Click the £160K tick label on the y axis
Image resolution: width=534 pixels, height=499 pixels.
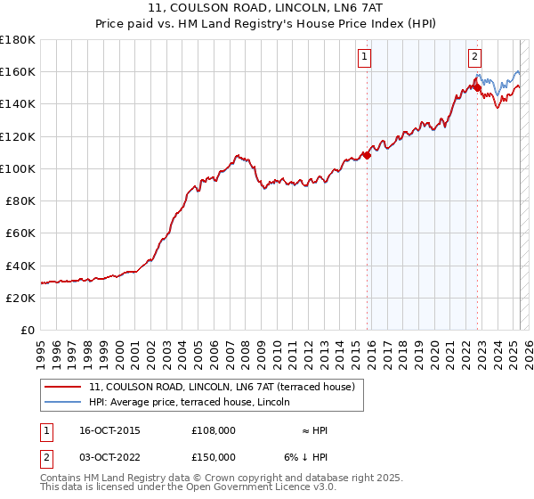click(18, 71)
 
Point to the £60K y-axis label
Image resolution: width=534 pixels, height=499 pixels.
click(20, 233)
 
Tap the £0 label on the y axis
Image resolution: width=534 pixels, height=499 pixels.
click(28, 330)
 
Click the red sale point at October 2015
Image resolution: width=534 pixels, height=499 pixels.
click(367, 155)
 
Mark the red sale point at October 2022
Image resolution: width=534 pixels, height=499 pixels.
click(477, 87)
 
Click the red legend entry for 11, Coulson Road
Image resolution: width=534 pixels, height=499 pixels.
click(222, 387)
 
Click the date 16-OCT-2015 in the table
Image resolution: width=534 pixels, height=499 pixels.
click(109, 430)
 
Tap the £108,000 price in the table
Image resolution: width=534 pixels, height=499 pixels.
click(213, 430)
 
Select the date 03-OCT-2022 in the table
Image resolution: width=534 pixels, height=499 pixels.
click(109, 457)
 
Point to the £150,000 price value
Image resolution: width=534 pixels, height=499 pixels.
click(213, 457)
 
